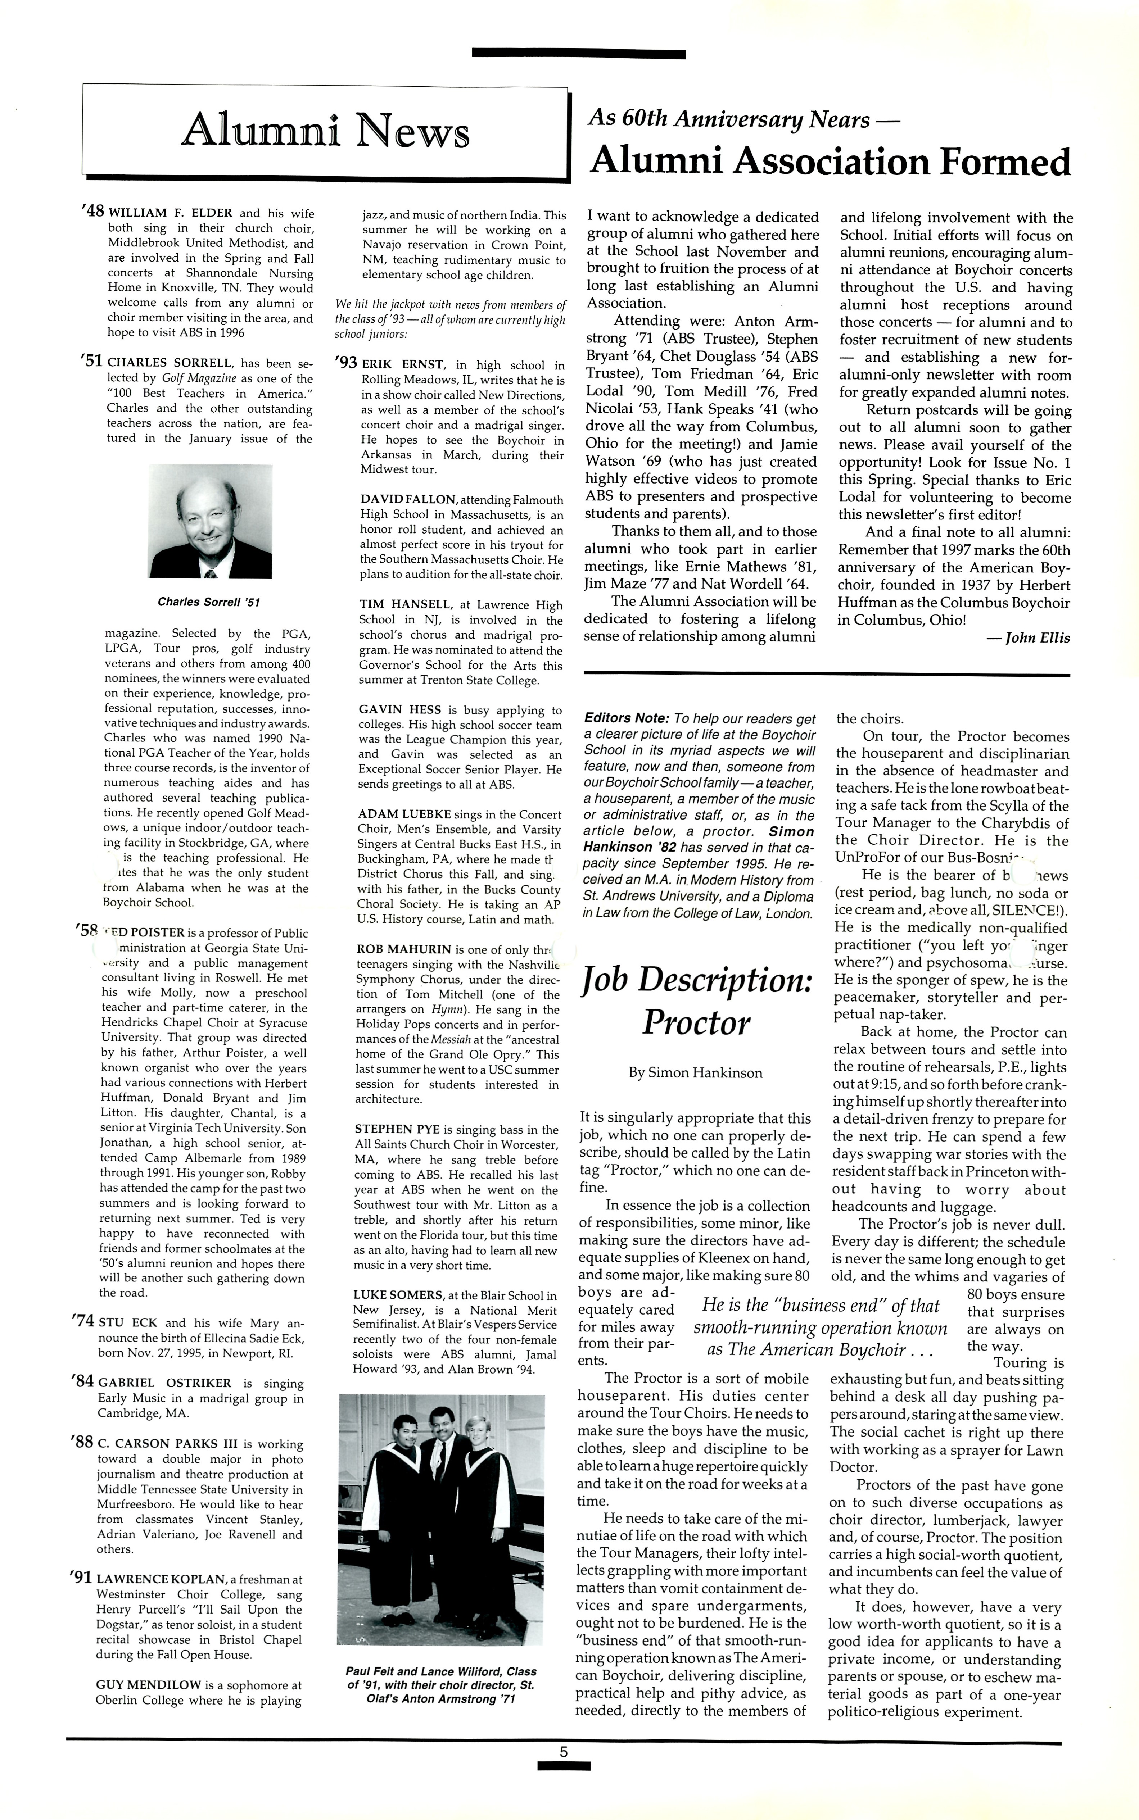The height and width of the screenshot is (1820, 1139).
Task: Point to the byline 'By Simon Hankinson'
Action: click(x=695, y=1073)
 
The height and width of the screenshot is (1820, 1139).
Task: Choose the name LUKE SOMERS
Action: click(x=398, y=1295)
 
